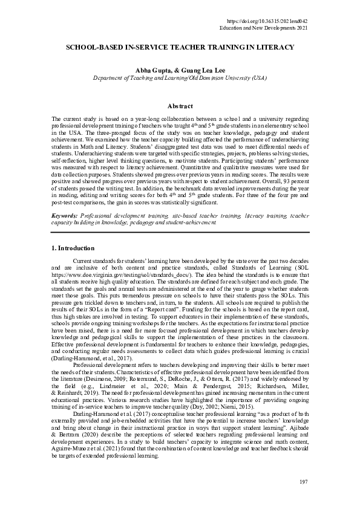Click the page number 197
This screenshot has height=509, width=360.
[303, 481]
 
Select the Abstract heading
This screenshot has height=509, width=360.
[180, 106]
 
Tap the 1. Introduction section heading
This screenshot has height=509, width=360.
[73, 248]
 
